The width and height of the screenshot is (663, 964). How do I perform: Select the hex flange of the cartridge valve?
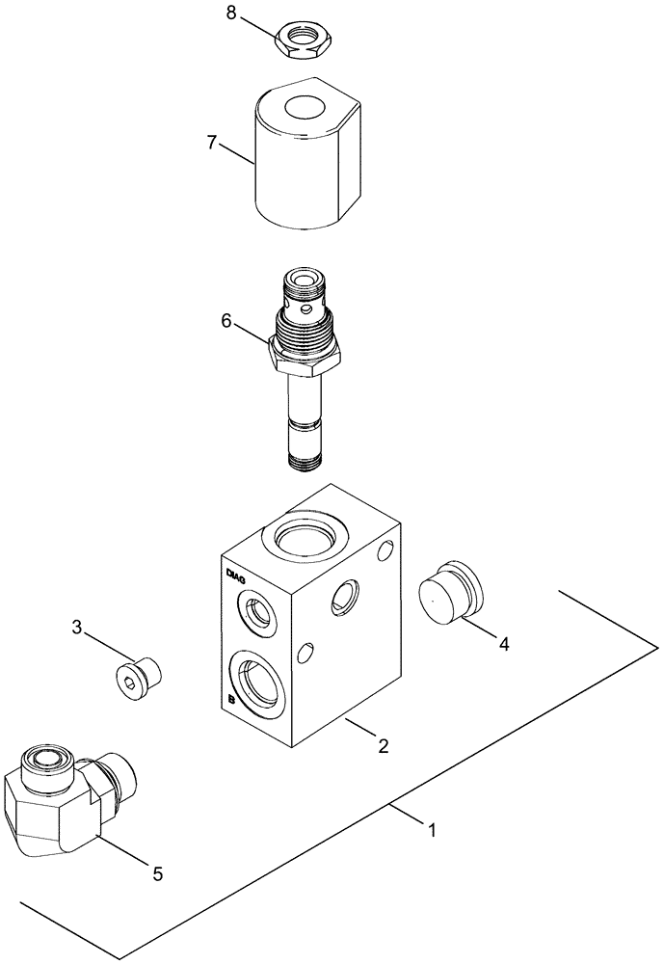[305, 359]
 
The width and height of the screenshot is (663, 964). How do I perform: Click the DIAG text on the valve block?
[235, 576]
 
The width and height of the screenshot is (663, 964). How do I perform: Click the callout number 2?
[383, 744]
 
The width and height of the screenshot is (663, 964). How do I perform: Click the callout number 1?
[432, 829]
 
